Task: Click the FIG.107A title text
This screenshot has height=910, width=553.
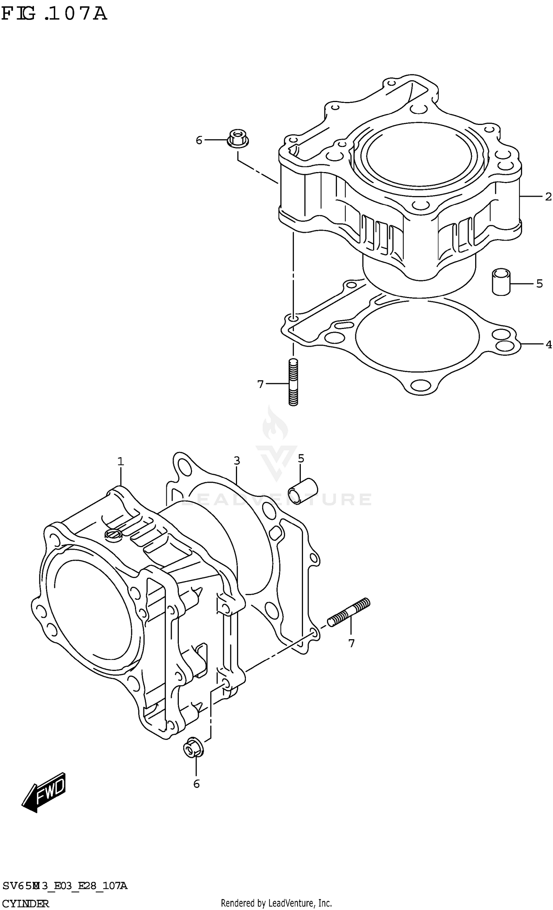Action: coord(54,14)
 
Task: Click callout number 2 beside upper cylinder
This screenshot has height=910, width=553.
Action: coord(548,197)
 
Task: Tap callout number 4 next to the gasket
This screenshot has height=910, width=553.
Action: coord(549,344)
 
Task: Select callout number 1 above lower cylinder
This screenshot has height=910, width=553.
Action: coord(121,462)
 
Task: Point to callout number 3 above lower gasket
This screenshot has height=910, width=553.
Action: coord(237,461)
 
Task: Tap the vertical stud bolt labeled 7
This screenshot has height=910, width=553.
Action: coord(293,382)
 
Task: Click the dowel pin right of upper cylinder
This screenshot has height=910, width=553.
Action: coord(501,282)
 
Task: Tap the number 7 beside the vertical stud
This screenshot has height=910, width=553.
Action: coord(260,385)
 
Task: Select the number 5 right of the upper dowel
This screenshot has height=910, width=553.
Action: coord(539,284)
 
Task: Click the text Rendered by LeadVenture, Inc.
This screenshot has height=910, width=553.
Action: coord(276,903)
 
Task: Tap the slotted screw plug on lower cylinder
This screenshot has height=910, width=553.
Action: coord(113,535)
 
